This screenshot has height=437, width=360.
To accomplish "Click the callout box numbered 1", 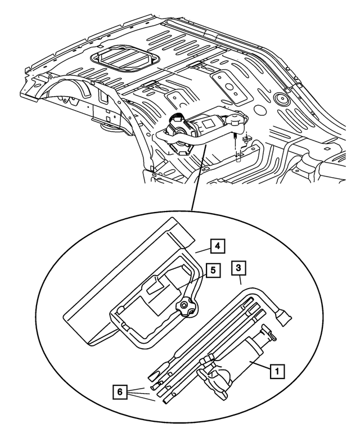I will [276, 371].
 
